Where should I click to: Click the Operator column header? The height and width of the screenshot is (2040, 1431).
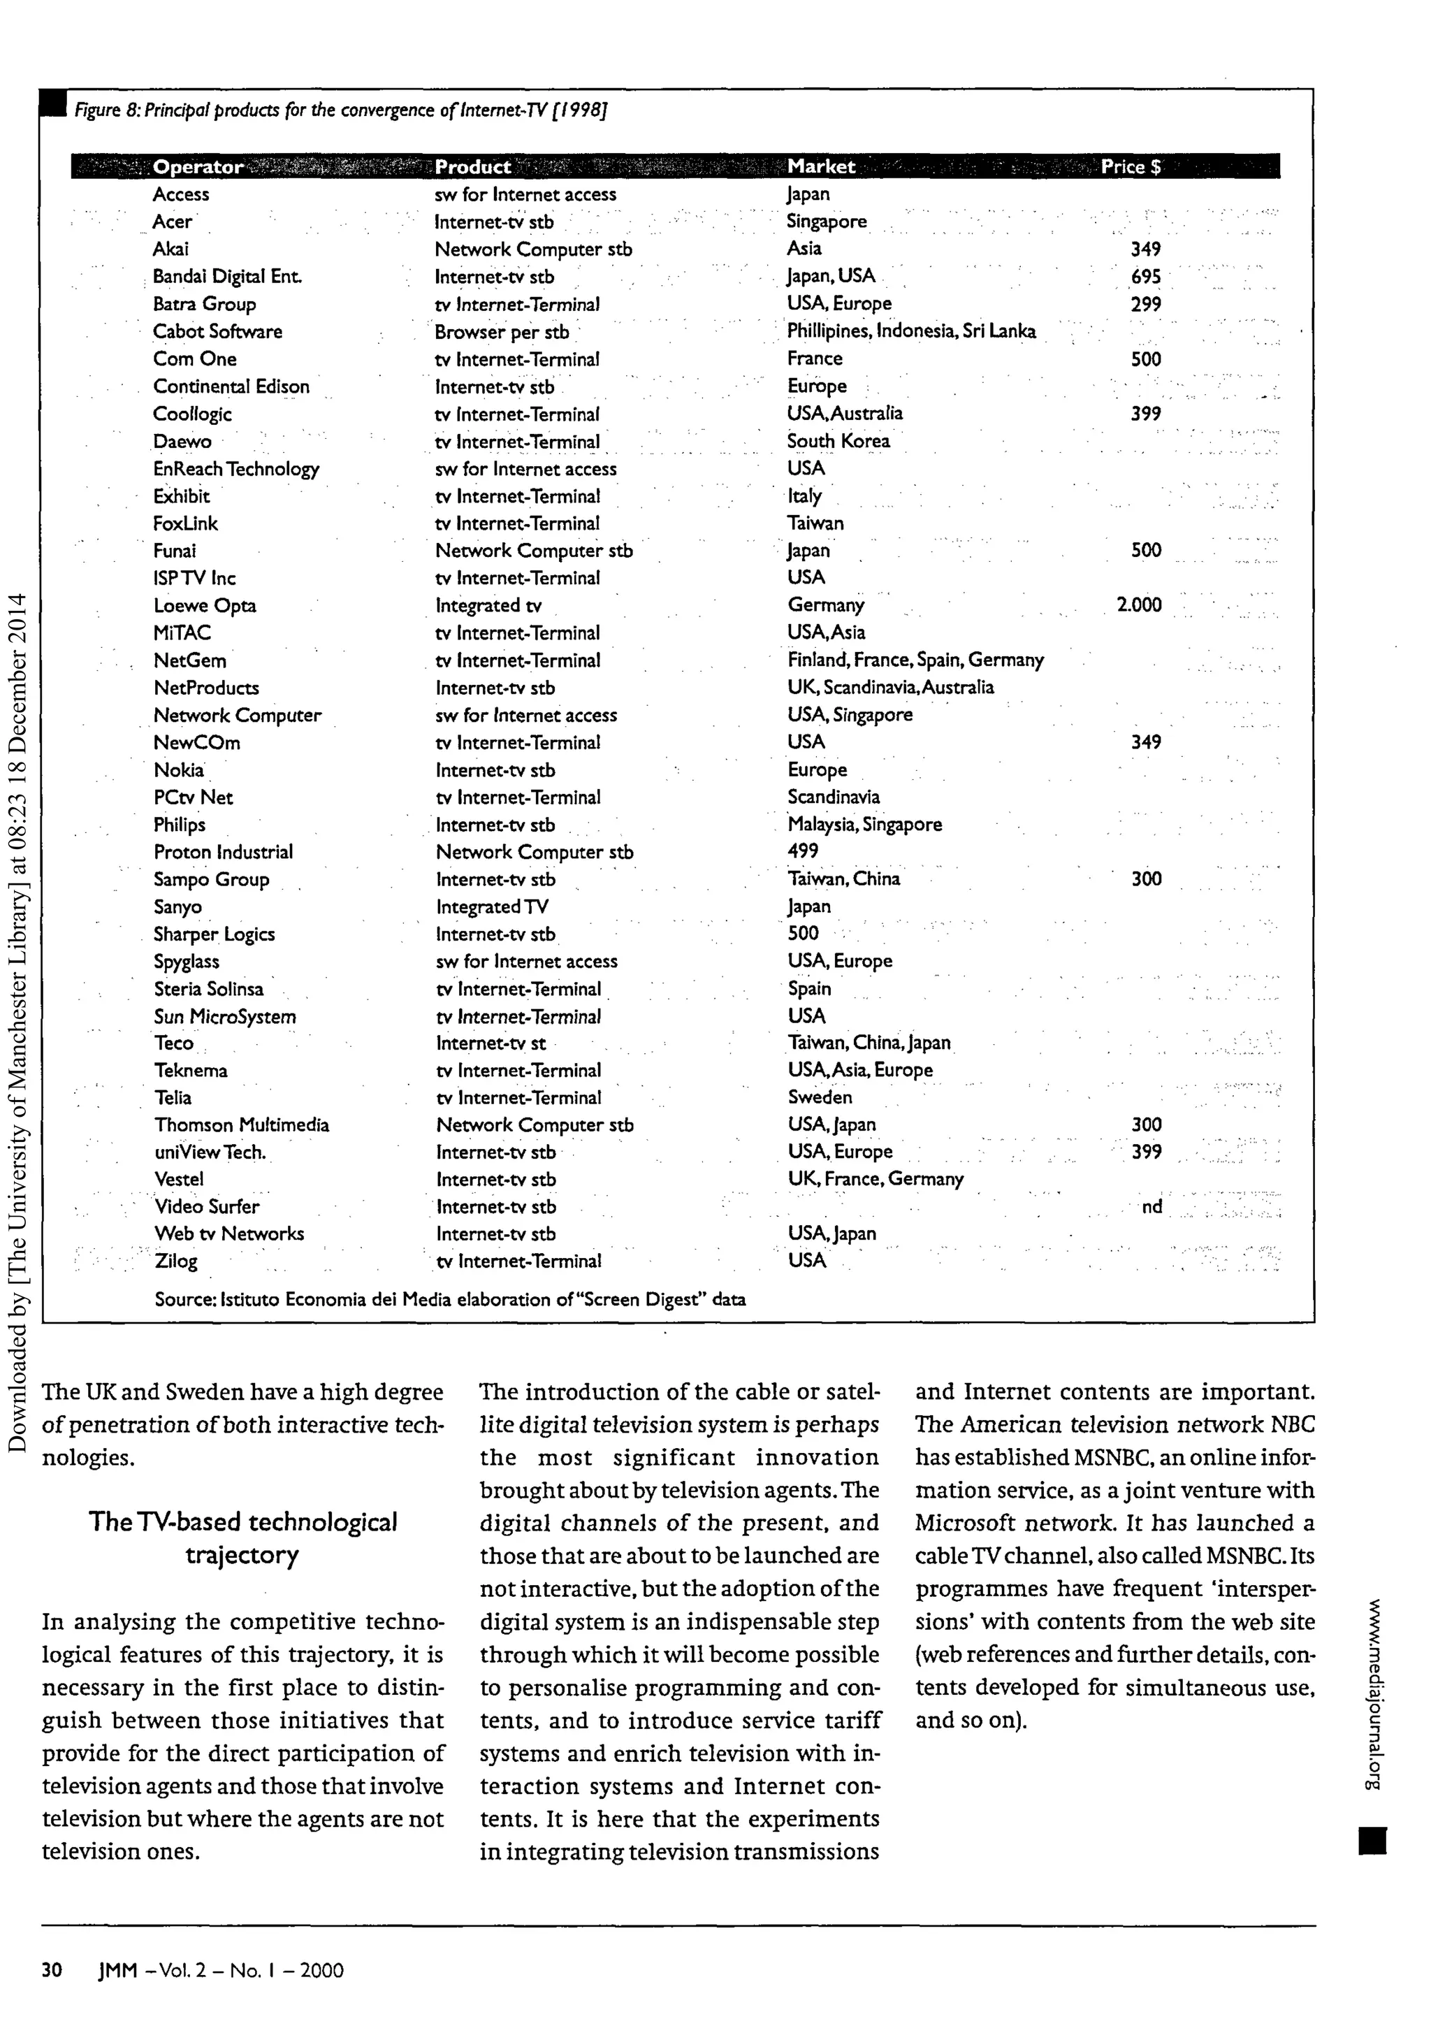[x=197, y=167]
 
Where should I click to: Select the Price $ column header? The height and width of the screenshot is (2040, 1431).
[x=1130, y=167]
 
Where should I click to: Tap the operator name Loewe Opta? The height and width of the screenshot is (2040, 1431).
[x=204, y=606]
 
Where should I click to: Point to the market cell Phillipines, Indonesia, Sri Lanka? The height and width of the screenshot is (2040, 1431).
[x=910, y=331]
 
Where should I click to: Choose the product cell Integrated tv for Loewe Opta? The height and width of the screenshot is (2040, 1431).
[x=488, y=606]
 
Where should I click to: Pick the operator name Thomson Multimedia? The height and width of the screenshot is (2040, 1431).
[x=241, y=1125]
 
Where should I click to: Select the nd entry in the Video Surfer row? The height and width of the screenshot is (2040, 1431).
[x=1152, y=1206]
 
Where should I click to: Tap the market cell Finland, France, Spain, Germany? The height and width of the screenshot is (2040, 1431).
[x=915, y=660]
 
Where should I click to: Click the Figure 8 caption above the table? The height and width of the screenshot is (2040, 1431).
[x=340, y=111]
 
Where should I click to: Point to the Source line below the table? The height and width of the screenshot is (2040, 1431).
[x=449, y=1300]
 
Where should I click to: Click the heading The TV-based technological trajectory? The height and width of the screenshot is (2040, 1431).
[x=242, y=1538]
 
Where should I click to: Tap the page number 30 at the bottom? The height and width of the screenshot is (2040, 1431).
[x=52, y=1971]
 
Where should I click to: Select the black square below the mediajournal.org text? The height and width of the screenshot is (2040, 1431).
[x=1372, y=1841]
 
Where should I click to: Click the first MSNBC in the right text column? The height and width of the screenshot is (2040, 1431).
[x=1121, y=1458]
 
